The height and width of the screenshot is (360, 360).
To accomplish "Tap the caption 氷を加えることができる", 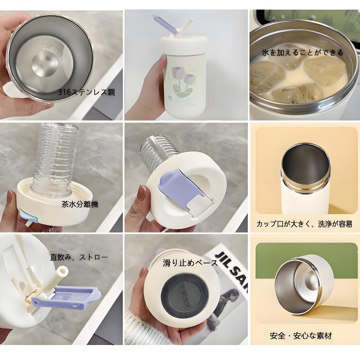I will tap(302, 53).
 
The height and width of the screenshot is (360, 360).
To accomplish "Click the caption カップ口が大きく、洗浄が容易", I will tap(304, 224).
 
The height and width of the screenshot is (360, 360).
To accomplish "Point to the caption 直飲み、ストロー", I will tap(79, 257).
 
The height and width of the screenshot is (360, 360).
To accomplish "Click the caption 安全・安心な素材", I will tap(301, 335).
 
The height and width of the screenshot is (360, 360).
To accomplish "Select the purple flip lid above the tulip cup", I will tap(165, 25).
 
